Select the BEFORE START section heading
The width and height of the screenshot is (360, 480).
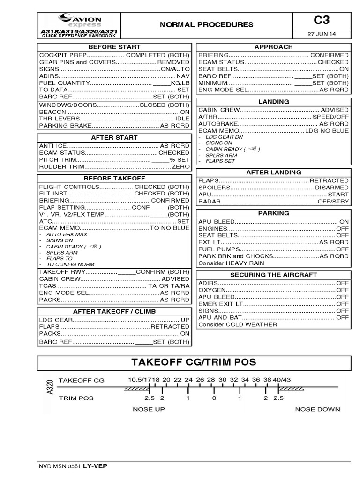click(114, 47)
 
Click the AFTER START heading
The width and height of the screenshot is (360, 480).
click(114, 138)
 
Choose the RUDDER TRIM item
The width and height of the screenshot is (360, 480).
click(60, 166)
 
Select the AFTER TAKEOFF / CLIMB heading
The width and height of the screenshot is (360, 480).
click(114, 312)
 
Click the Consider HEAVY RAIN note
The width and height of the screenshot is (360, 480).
click(231, 263)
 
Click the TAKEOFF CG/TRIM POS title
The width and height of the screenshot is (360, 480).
click(194, 363)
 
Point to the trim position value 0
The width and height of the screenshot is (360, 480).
click(214, 398)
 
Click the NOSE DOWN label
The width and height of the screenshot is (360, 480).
click(317, 409)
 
